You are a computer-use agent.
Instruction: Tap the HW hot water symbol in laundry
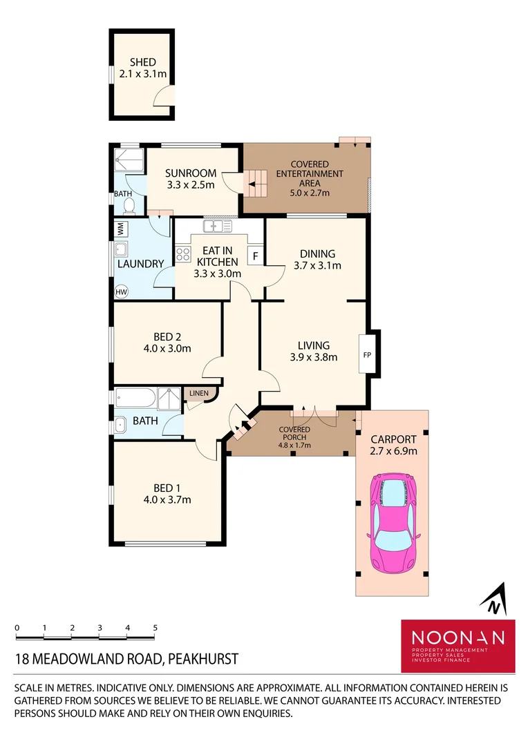coord(122,292)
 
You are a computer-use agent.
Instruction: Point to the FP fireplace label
coord(366,355)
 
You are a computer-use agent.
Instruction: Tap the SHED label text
coord(142,62)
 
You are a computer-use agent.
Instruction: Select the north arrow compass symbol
coord(493,599)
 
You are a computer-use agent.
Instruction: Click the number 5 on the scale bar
coord(155,628)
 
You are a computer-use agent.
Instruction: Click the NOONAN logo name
coord(458,637)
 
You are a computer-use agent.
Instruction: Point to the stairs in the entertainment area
coord(256,184)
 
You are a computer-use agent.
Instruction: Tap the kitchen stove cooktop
coord(183,254)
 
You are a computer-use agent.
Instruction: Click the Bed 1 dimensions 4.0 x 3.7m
coord(167,499)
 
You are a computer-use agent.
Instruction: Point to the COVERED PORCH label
coord(294,433)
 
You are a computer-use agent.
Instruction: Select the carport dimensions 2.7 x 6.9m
coord(393,451)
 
